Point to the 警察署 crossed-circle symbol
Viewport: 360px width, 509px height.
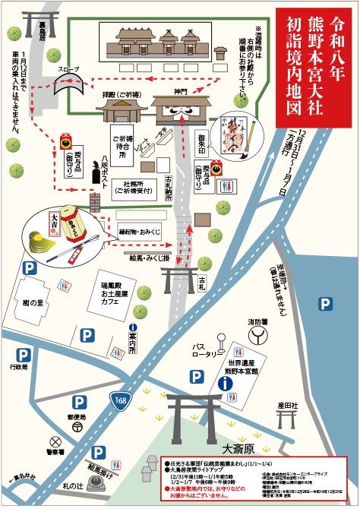(x=55, y=441)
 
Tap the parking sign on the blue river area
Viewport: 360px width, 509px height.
(x=325, y=304)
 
